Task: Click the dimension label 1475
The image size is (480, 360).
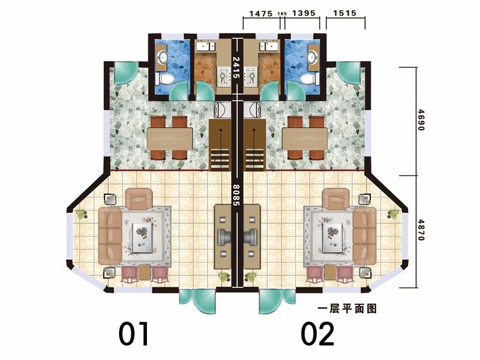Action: coord(261,13)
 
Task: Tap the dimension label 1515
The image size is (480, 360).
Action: coord(344,13)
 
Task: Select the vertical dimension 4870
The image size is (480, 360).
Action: coord(422,230)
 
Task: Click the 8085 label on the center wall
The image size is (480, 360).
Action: coord(236,194)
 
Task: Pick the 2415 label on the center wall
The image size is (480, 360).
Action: coord(236,68)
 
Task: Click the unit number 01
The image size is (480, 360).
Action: coord(134,334)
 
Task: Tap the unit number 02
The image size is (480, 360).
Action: coord(317,334)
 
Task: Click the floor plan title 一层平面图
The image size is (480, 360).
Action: coord(347,308)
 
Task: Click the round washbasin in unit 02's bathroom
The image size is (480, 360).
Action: coord(313,56)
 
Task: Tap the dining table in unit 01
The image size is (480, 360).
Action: coord(170,139)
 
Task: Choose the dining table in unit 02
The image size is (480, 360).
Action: coord(305,139)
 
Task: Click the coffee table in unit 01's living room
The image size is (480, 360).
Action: coord(143,237)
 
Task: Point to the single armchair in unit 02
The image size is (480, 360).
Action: coord(336,199)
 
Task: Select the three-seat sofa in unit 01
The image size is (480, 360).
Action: coord(110,236)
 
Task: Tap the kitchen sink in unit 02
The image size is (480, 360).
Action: coord(269,47)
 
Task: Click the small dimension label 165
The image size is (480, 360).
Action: coord(282,14)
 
